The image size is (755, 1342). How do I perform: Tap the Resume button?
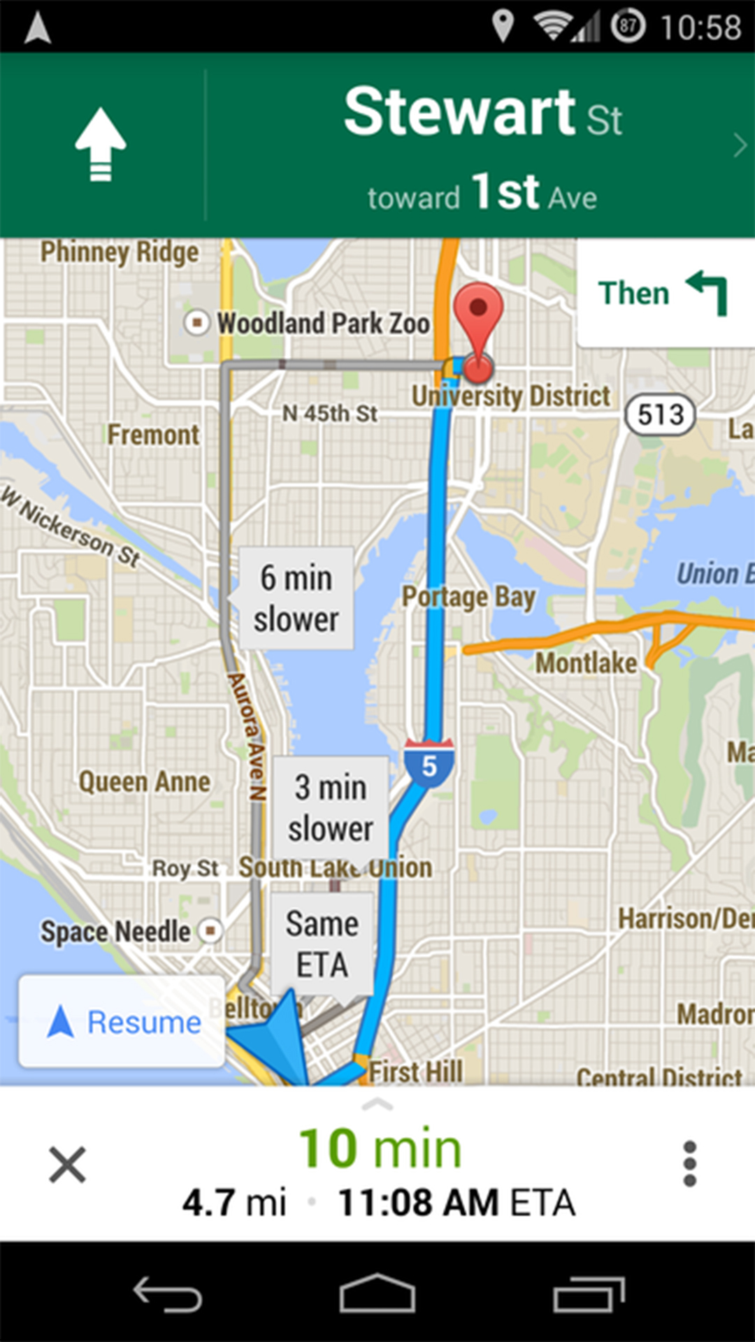122,1023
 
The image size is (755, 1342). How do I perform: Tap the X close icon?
67,1164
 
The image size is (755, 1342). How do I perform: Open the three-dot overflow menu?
689,1164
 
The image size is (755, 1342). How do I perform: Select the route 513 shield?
660,415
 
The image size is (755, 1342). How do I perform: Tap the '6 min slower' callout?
296,599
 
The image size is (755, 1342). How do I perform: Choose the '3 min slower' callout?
330,808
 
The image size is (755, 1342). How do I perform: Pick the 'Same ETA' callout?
322,944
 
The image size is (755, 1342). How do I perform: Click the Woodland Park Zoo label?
323,324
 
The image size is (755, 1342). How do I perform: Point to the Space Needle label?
115,932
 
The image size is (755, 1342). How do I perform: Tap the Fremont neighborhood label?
153,435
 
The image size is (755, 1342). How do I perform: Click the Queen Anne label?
144,782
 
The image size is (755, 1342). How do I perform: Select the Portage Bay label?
468,598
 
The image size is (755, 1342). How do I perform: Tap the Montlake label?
586,663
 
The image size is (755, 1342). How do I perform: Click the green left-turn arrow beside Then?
708,292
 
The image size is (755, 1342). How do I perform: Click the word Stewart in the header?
460,112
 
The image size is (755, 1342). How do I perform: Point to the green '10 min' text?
380,1148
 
